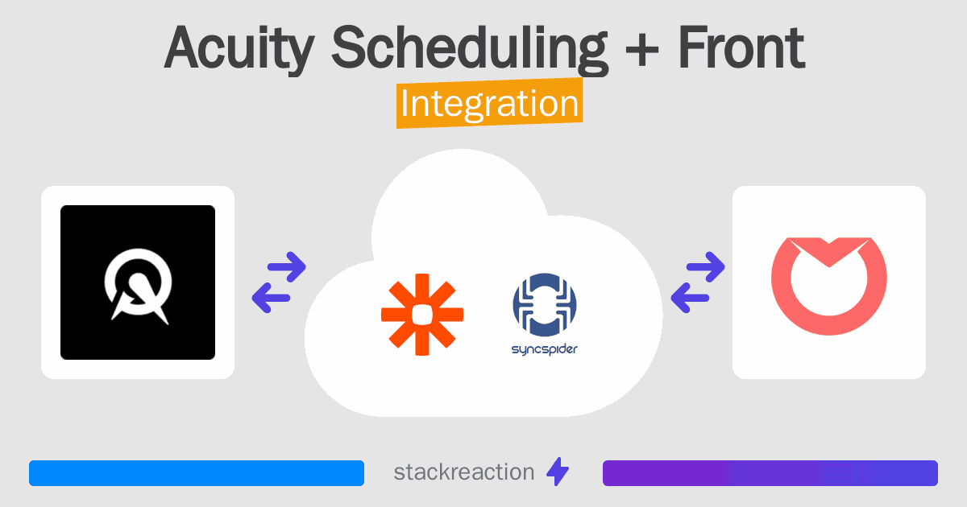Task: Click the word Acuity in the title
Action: (x=239, y=48)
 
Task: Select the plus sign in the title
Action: (x=642, y=52)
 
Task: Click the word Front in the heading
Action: (x=741, y=47)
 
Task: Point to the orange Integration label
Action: (x=490, y=103)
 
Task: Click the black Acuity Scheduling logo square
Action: (x=138, y=282)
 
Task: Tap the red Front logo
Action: (x=829, y=286)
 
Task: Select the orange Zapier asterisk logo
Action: (x=422, y=315)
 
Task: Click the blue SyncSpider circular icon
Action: (x=545, y=304)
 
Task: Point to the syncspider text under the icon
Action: (x=545, y=349)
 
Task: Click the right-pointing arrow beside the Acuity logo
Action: (x=287, y=267)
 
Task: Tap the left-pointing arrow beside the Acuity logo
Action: (x=271, y=298)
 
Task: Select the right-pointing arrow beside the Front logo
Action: (x=705, y=267)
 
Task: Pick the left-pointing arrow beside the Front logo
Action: (x=690, y=298)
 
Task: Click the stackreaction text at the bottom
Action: (x=464, y=472)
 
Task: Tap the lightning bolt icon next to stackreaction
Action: (x=558, y=472)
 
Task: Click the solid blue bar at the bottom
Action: (x=197, y=473)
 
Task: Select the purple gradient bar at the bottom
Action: (x=770, y=473)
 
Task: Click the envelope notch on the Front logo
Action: (x=829, y=253)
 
